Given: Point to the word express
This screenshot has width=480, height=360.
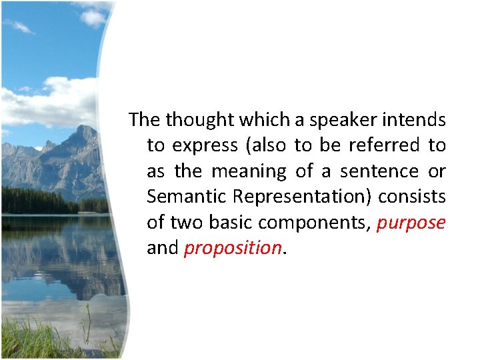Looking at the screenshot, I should click(x=205, y=146).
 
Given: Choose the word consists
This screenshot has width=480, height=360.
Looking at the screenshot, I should click(x=413, y=197).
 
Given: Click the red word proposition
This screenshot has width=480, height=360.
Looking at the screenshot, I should click(x=233, y=249).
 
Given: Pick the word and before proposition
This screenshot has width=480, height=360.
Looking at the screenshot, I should click(x=162, y=248).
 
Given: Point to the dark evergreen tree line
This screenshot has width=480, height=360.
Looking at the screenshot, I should click(x=40, y=201).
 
